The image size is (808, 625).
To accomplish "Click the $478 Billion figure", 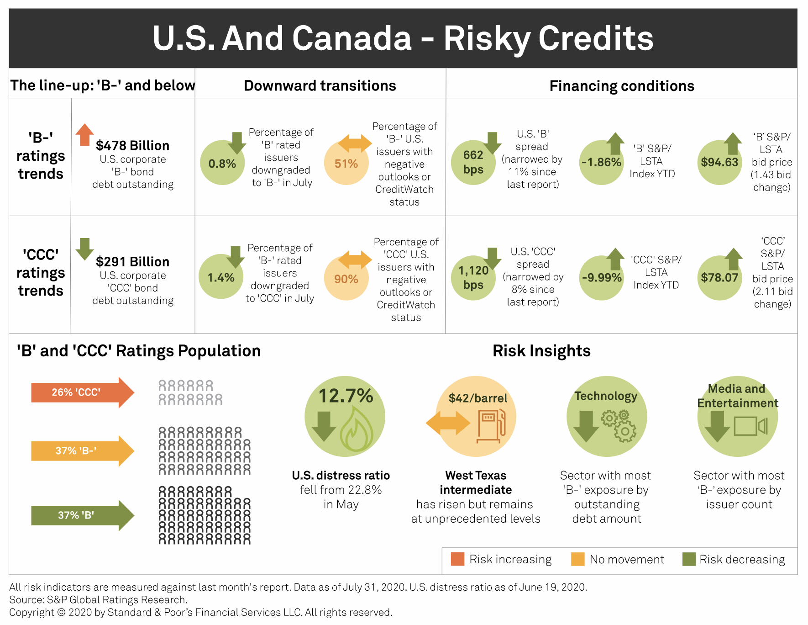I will (132, 146).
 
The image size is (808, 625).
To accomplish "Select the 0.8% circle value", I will (222, 164).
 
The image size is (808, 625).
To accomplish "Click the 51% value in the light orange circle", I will (346, 164).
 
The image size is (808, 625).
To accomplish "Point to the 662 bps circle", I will (473, 162).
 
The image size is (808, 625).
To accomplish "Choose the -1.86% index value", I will (601, 162).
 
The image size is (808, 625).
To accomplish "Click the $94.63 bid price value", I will (719, 162).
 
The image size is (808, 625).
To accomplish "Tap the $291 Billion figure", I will (132, 262).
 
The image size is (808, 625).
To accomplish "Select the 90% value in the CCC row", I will (346, 279).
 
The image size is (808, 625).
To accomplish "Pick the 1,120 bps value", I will (473, 278).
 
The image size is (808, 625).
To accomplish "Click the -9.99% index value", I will (602, 278).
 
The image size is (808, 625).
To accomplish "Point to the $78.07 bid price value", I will (719, 278).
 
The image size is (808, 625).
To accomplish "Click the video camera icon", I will (750, 426).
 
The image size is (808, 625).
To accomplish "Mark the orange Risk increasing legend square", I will (457, 559).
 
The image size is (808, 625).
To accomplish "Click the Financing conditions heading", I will (622, 86).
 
